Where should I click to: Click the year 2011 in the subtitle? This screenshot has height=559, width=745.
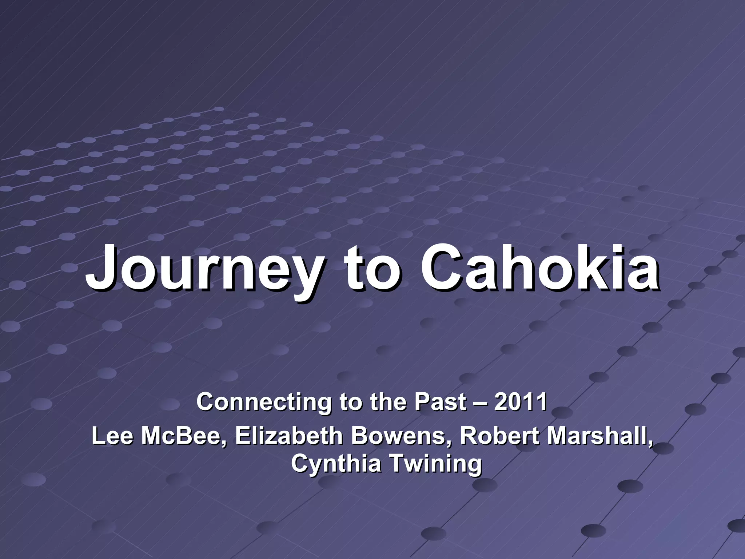[520, 402]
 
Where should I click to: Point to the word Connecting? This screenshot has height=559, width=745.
[264, 403]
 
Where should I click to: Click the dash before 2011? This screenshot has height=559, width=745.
[480, 403]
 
